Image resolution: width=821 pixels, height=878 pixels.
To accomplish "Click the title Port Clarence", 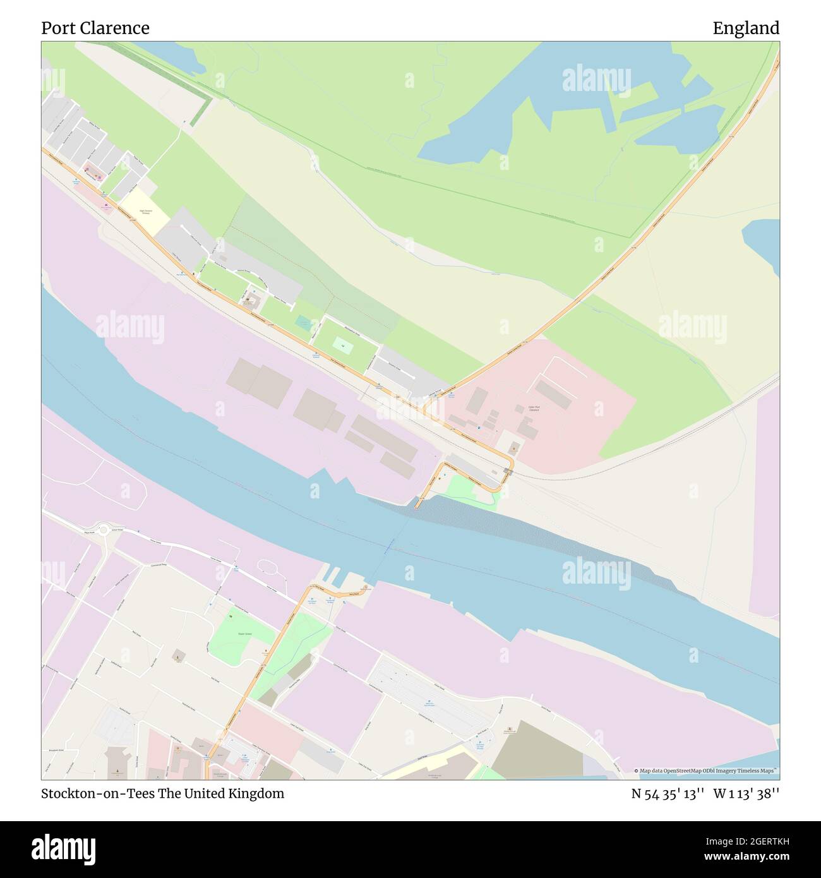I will pos(95,28).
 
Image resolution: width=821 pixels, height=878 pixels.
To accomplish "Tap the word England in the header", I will pos(746,28).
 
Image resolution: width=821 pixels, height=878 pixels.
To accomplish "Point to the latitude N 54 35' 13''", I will pos(668,794).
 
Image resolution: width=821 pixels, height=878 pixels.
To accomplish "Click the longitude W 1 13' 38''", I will pos(746,794).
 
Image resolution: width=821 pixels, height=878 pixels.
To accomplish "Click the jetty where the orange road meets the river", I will pos(419,503).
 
